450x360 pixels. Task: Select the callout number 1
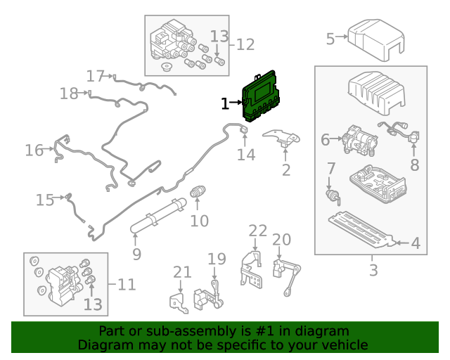[x=224, y=104]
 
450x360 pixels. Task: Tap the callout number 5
[x=330, y=38]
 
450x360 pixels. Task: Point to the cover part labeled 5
[x=377, y=41]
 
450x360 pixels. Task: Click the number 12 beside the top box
[x=245, y=44]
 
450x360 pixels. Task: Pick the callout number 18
[x=68, y=94]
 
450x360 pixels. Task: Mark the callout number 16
[x=34, y=150]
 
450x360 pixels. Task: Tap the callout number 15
[x=44, y=200]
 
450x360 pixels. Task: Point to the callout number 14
[x=245, y=154]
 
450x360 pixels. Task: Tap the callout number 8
[x=414, y=165]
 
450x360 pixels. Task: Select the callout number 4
[x=415, y=244]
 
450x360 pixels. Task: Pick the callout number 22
[x=258, y=231]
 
